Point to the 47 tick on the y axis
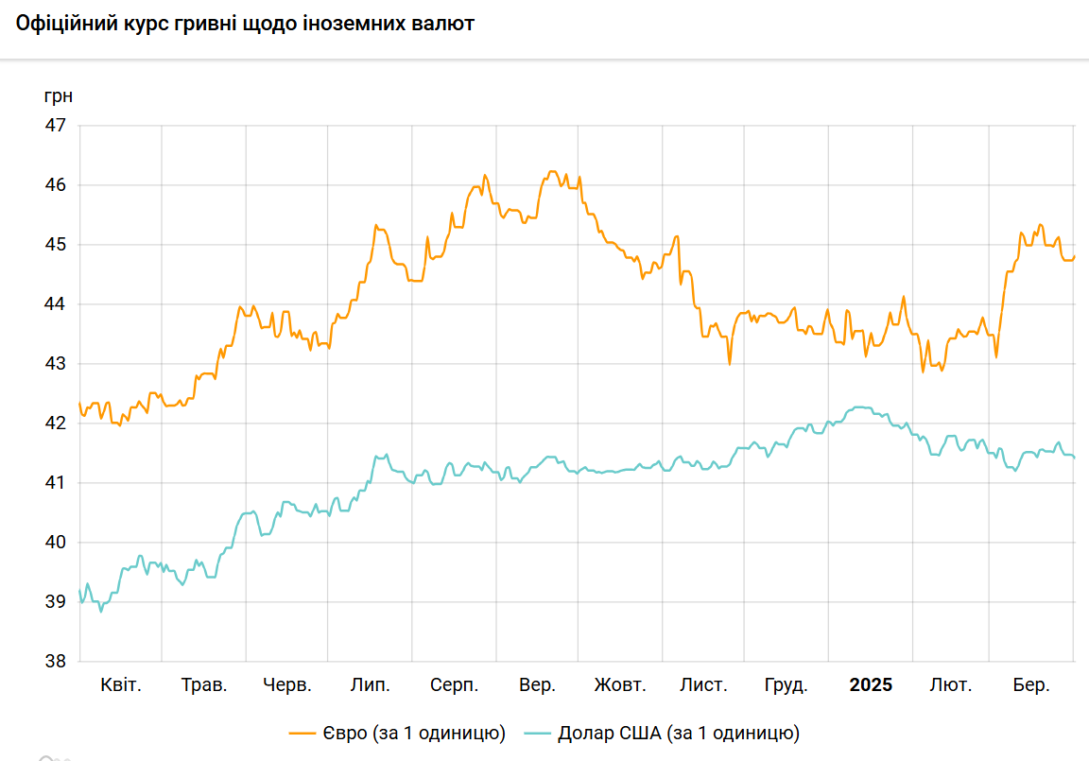tap(57, 126)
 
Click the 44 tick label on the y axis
tap(57, 304)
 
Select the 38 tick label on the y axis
tap(57, 662)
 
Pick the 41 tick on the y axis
tap(57, 483)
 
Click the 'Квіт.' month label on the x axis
tap(121, 685)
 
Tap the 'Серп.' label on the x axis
tap(454, 685)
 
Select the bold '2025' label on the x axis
tap(871, 685)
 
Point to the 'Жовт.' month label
tap(620, 685)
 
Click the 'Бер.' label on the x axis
tap(1031, 685)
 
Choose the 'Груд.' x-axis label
tap(786, 685)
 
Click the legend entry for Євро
tap(397, 733)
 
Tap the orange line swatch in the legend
tap(302, 733)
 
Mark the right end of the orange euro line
tap(1074, 256)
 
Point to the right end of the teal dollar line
tap(1074, 458)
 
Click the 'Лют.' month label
tap(951, 685)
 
